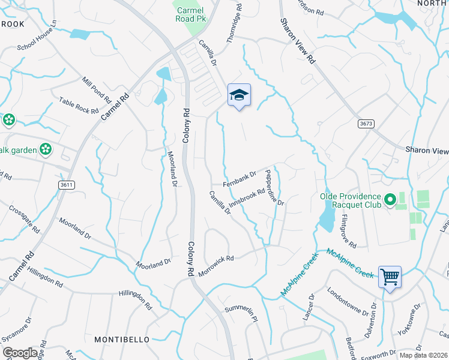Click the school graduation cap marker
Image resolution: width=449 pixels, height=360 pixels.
tap(239, 95)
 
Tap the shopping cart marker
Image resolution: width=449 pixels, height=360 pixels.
tap(390, 277)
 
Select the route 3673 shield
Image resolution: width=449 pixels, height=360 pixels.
tap(366, 123)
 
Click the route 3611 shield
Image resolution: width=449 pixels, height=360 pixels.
tap(67, 185)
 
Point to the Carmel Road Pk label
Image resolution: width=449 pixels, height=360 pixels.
tap(191, 14)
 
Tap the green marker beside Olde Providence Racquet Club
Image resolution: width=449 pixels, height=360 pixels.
tap(390, 198)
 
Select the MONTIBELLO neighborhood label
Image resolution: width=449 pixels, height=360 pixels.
tap(122, 340)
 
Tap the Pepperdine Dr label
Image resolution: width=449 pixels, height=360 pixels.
tap(275, 187)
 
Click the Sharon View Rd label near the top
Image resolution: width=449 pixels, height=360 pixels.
tap(297, 41)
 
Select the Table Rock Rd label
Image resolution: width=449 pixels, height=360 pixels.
tap(79, 106)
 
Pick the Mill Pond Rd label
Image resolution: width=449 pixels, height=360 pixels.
tap(97, 89)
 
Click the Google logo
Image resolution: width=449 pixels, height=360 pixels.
tap(20, 352)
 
